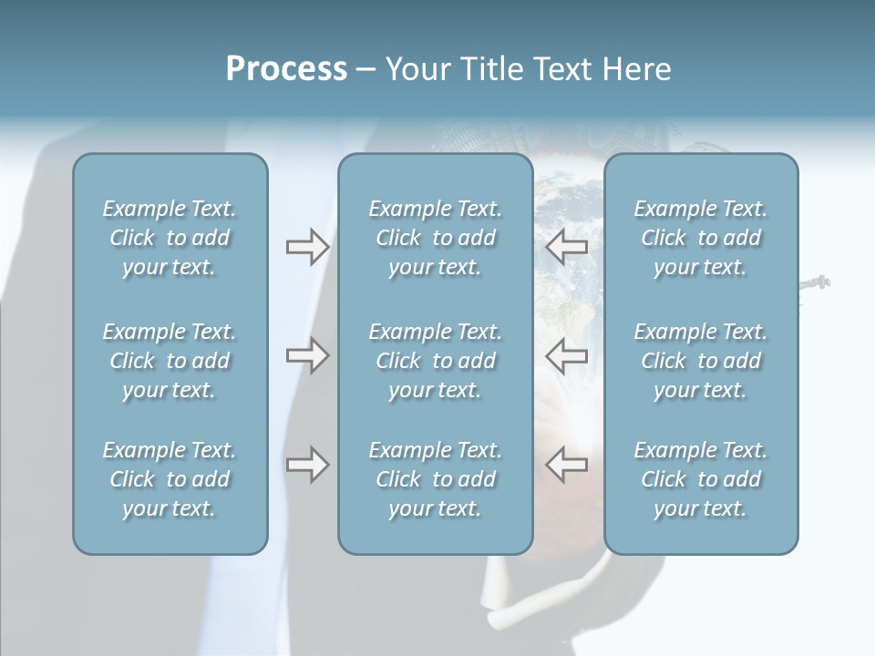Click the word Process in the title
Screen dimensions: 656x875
click(x=286, y=69)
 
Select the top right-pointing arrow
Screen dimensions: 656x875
click(x=307, y=247)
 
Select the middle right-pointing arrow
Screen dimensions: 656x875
click(x=307, y=355)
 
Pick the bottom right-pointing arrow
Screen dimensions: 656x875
click(x=307, y=465)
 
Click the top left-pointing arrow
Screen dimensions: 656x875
click(x=566, y=247)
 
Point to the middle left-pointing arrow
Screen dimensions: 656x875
click(x=566, y=355)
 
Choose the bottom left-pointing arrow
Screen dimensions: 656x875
click(x=566, y=465)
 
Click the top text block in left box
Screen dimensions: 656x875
click(x=170, y=238)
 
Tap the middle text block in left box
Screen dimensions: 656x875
click(x=170, y=361)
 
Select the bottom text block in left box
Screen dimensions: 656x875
click(x=170, y=479)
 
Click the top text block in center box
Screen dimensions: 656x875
click(x=436, y=238)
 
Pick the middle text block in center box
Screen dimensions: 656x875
click(x=436, y=361)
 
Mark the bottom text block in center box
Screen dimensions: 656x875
click(x=436, y=479)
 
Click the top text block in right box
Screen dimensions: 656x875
click(x=701, y=238)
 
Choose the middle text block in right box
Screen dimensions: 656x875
click(x=701, y=361)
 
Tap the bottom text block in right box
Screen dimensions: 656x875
click(x=701, y=479)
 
